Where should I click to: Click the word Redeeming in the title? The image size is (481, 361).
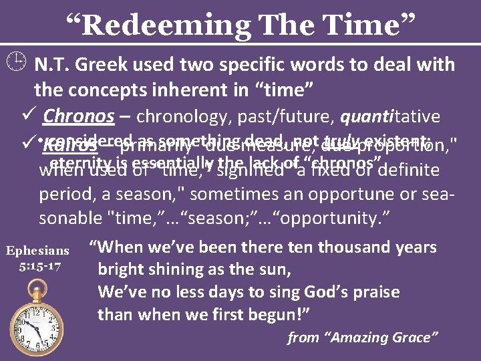coord(158,25)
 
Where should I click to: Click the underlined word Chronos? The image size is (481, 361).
coord(78,116)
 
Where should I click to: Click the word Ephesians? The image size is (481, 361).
coord(37,251)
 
